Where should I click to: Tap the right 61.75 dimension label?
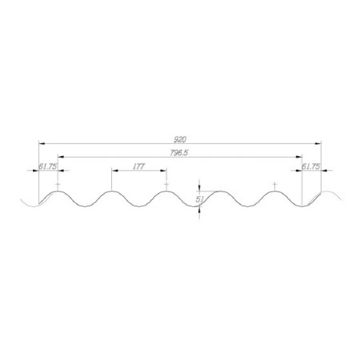(x=310, y=166)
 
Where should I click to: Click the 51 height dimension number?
(x=199, y=199)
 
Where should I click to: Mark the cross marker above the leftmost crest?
(x=58, y=185)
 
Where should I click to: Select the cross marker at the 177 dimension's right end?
(x=166, y=185)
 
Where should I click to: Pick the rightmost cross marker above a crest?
(x=274, y=185)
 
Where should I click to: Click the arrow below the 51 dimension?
(x=198, y=216)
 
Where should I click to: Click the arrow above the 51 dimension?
(x=198, y=186)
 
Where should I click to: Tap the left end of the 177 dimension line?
(x=112, y=171)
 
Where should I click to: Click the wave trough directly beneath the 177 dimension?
(x=139, y=207)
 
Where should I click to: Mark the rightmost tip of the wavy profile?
(x=345, y=197)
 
